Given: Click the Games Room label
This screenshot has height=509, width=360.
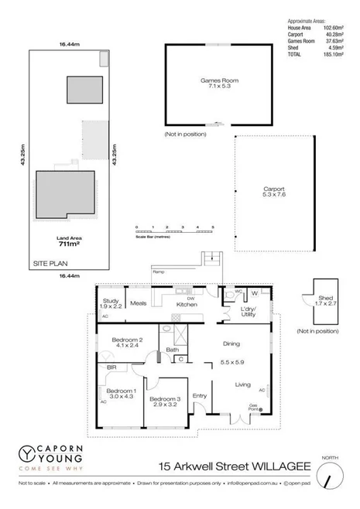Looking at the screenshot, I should click(x=219, y=80).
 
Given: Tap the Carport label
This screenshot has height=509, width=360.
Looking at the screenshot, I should click(x=274, y=188).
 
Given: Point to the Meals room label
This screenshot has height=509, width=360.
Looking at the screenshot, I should click(x=139, y=303).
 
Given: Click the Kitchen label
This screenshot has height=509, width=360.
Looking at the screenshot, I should click(x=187, y=305).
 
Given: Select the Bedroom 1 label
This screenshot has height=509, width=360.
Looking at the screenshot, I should click(x=120, y=391).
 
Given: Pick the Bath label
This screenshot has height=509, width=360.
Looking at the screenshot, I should click(x=173, y=350).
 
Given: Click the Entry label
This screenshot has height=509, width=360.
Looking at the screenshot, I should click(x=200, y=396).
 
